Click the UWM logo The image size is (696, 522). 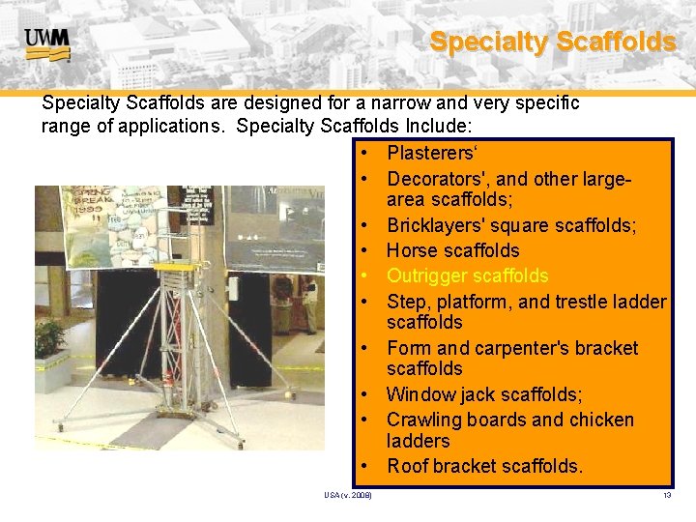(46, 43)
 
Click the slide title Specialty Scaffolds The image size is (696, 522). (552, 42)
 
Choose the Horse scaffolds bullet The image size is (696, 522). (452, 250)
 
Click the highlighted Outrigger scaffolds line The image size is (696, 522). (467, 275)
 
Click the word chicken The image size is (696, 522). (600, 420)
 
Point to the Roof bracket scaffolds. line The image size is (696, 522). (484, 466)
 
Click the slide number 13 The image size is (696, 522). (666, 496)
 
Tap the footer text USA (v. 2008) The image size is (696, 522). (348, 496)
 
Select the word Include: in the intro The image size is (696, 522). (440, 126)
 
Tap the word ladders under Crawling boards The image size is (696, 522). (418, 441)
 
